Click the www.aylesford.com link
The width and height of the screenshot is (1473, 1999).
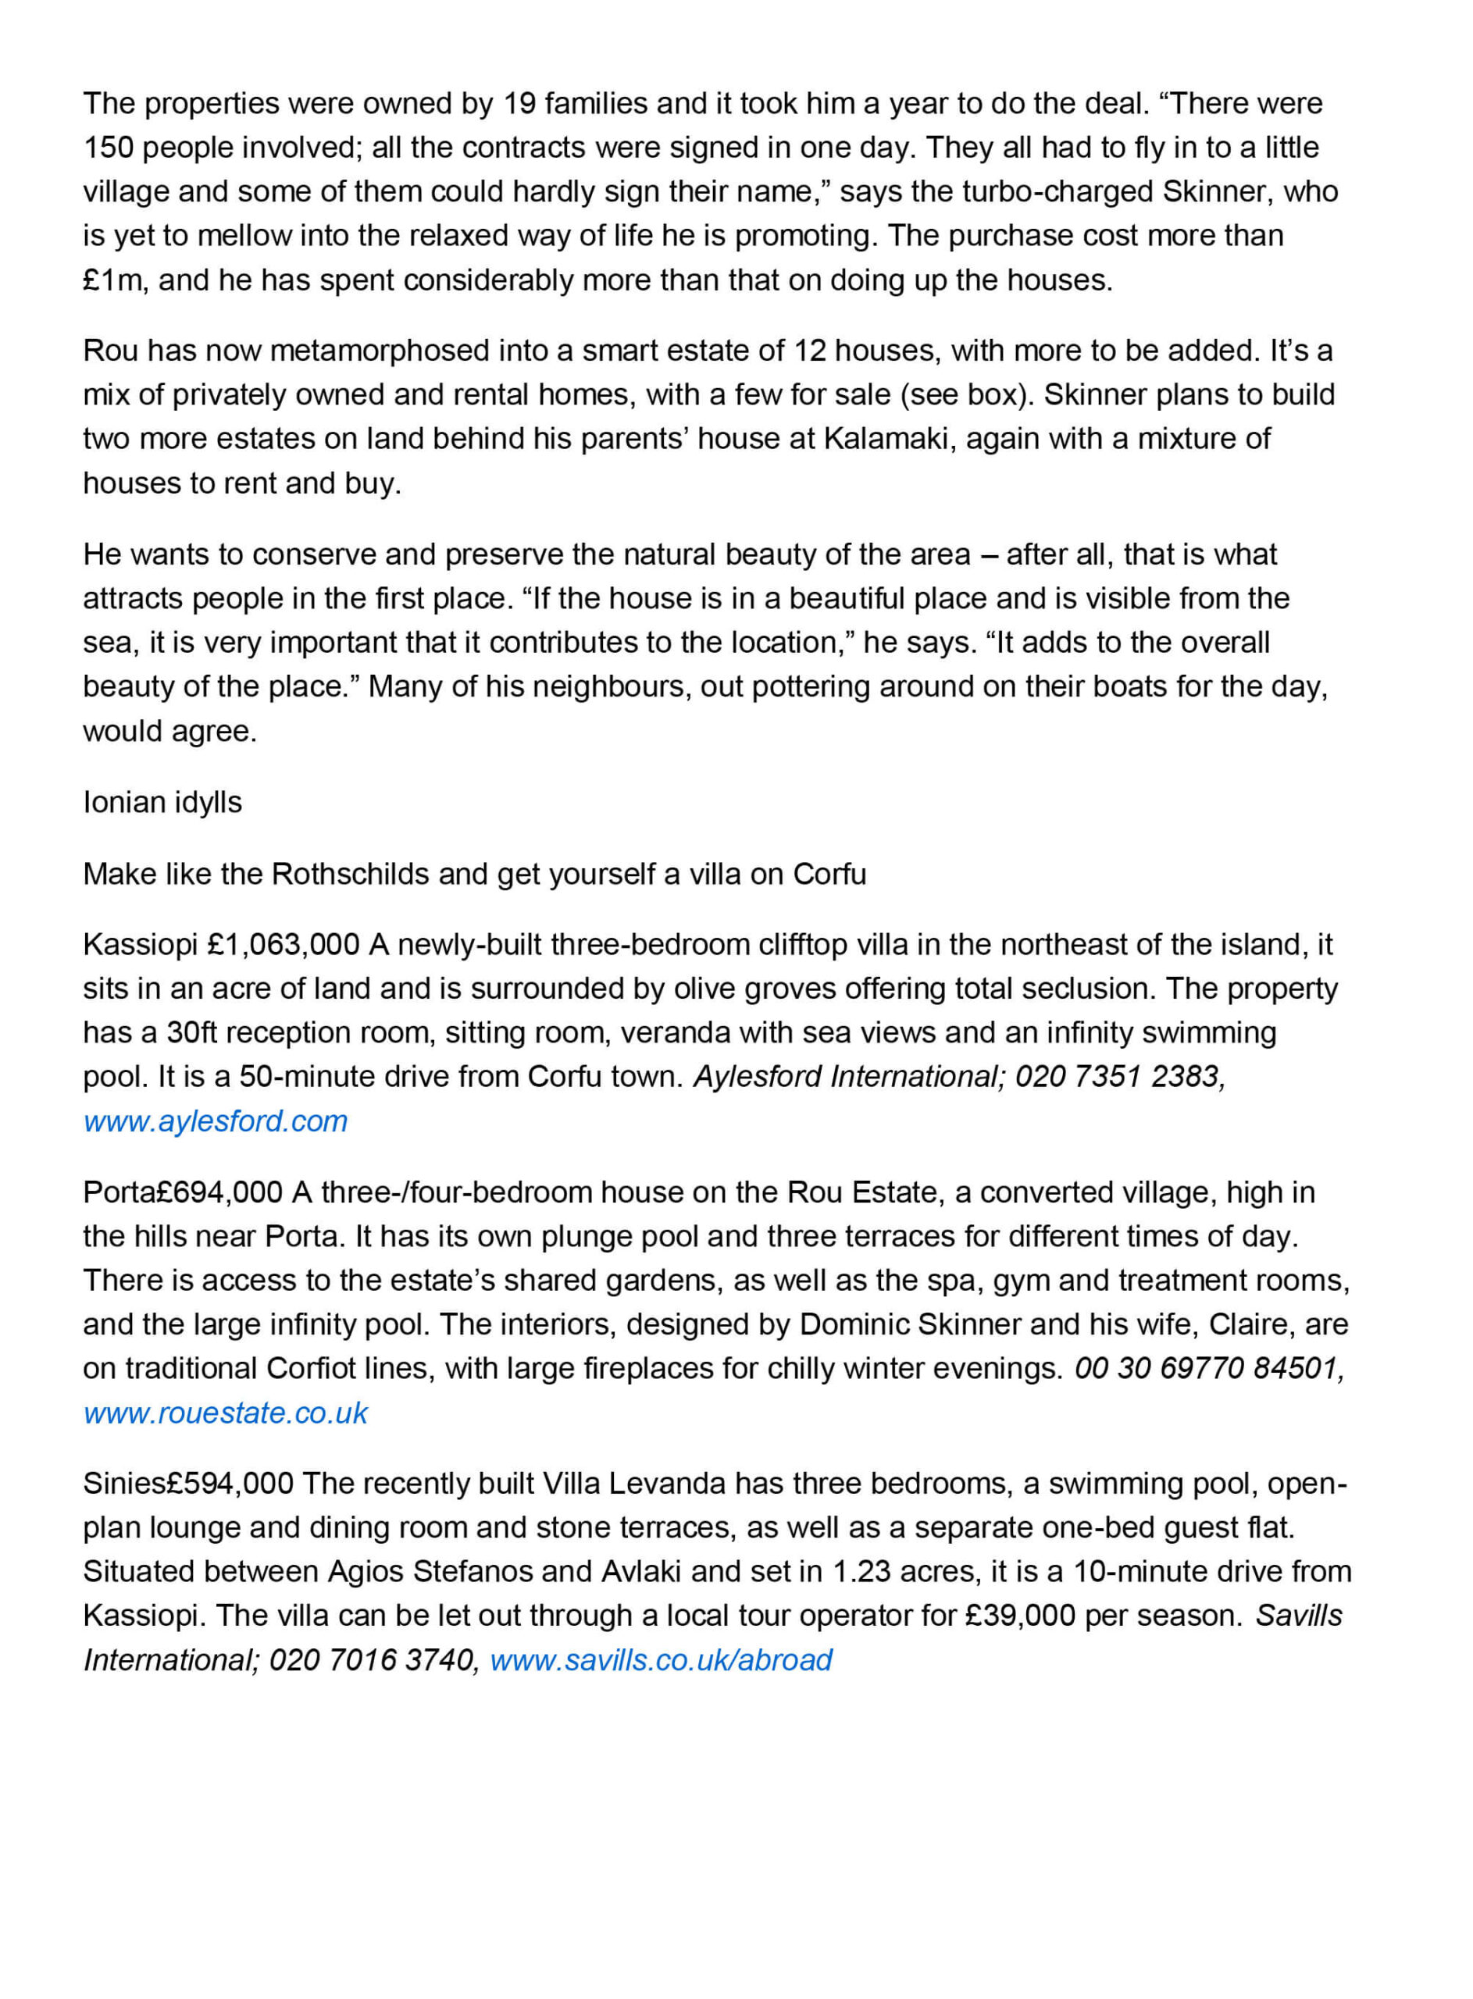pos(215,1121)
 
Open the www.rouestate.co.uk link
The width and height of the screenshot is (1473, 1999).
pos(226,1413)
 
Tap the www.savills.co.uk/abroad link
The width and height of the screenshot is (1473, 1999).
pos(661,1660)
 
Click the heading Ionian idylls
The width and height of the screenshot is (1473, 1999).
pos(162,802)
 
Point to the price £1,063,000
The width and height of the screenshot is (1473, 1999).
pos(283,945)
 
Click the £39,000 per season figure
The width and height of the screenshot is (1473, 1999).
pos(1020,1616)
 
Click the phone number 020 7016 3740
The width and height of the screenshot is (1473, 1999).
pos(371,1660)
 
